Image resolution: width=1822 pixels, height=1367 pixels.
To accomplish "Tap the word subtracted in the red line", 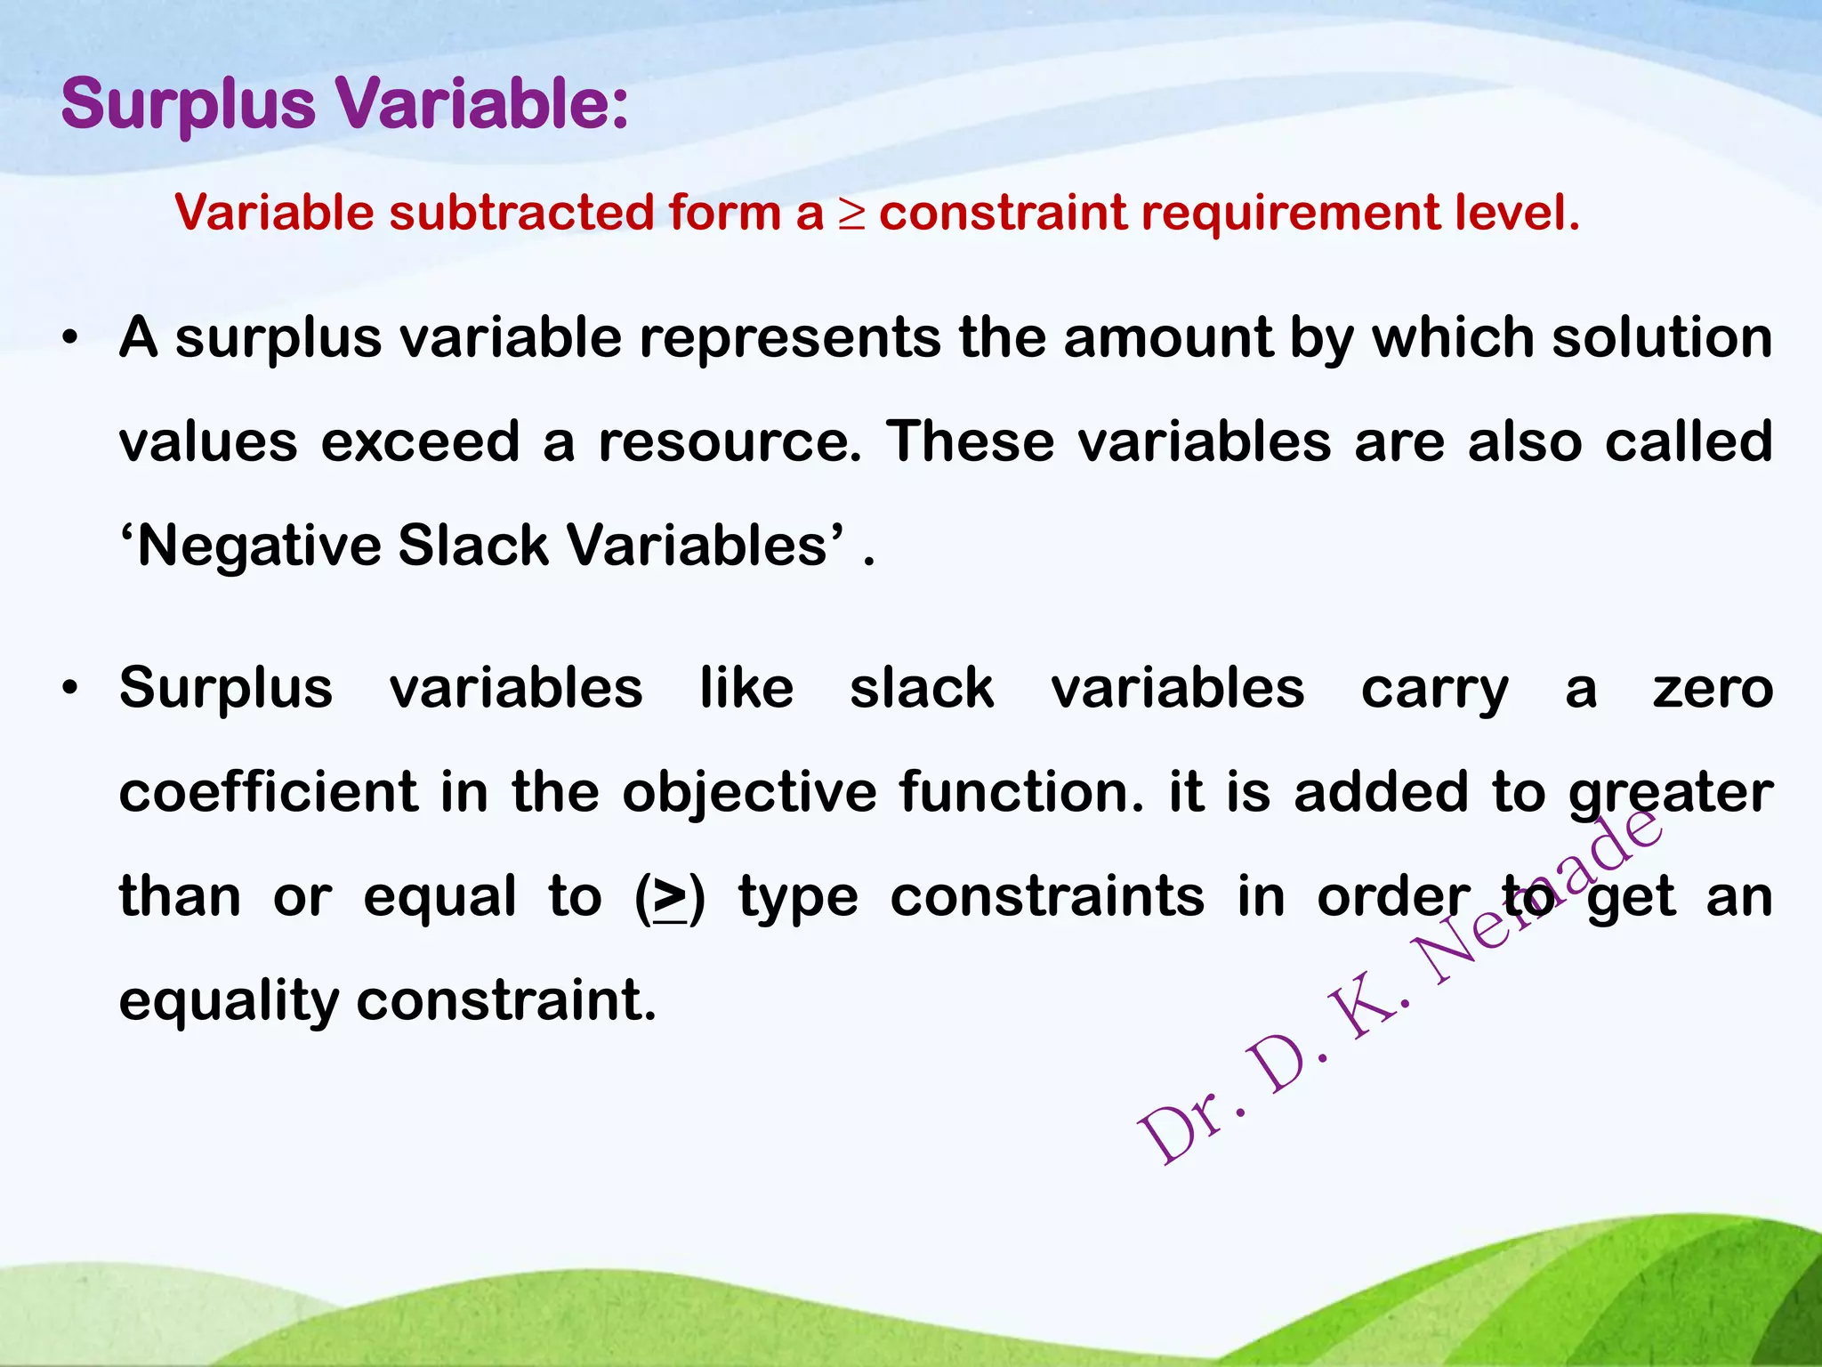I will click(x=521, y=214).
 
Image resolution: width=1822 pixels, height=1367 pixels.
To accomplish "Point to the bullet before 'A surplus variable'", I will click(x=71, y=340).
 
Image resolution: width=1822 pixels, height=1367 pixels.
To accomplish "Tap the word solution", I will click(x=1662, y=338).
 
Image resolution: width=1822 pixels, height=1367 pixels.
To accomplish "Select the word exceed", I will click(x=420, y=442).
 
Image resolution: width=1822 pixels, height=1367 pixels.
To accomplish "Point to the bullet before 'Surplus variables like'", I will click(x=71, y=690).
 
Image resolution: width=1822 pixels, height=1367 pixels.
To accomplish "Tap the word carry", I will click(x=1434, y=691).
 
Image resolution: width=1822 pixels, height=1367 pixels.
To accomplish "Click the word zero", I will click(x=1713, y=689).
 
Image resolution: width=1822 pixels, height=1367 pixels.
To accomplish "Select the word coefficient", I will click(x=268, y=792).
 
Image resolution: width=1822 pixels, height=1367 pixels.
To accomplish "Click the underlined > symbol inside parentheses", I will click(x=670, y=897).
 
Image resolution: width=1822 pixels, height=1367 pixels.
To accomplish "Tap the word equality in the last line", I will click(x=229, y=1002).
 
